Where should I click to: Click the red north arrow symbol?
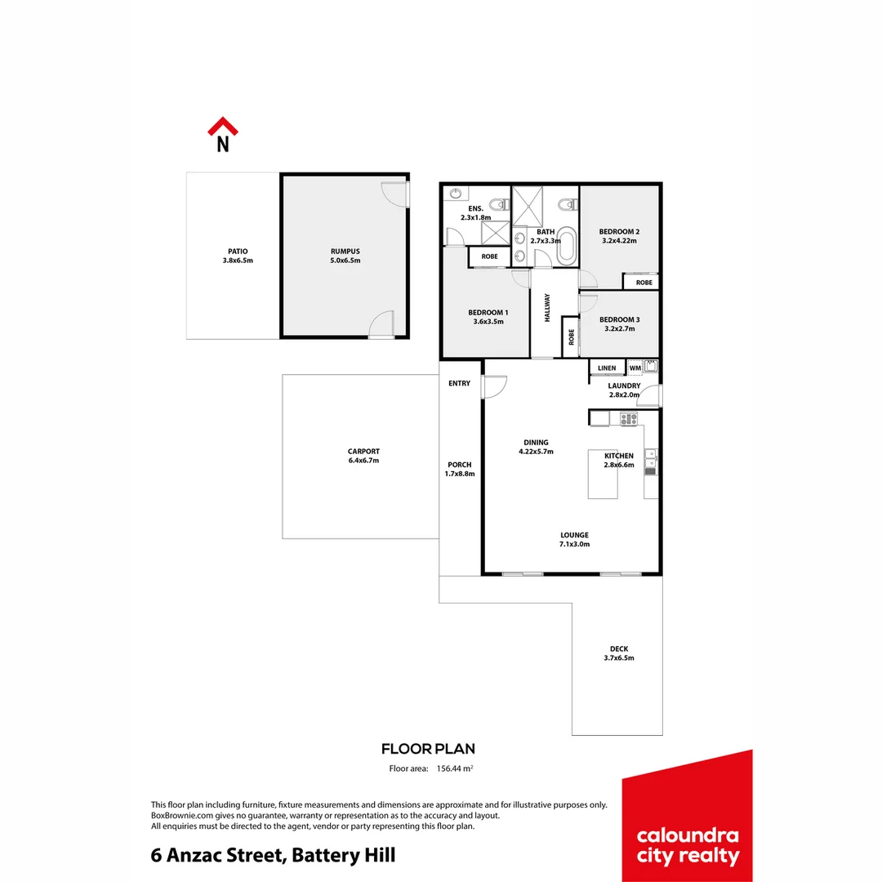[x=222, y=127]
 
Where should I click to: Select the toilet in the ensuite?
[x=492, y=203]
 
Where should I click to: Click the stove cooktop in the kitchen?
[x=628, y=419]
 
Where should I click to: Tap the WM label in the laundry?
[x=635, y=368]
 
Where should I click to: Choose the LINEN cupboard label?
[x=607, y=368]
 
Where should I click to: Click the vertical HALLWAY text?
[x=547, y=310]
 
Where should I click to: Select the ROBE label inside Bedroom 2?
[x=644, y=283]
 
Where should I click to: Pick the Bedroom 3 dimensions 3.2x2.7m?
[x=618, y=330]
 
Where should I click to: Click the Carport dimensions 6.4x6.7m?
[x=363, y=461]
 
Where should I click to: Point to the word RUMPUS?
[x=345, y=251]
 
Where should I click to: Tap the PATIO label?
[x=238, y=251]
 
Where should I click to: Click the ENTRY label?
[x=460, y=383]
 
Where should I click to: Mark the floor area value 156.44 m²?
[x=455, y=768]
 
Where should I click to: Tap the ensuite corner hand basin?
[x=456, y=194]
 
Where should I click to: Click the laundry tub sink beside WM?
[x=651, y=366]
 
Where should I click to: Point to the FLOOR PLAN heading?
[x=428, y=749]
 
